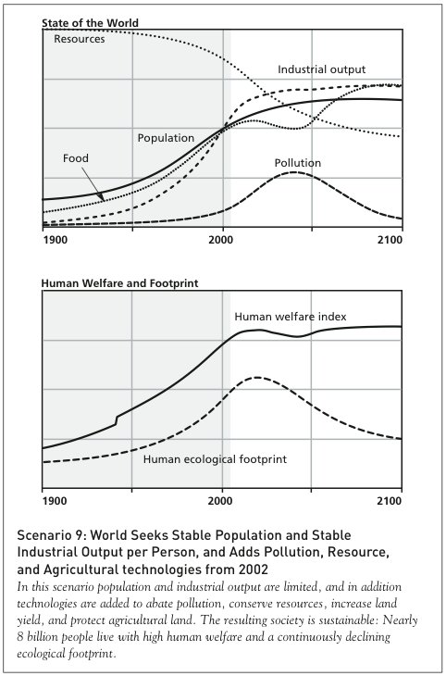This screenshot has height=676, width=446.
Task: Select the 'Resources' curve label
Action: pos(80,39)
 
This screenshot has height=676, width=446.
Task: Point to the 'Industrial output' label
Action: pos(321,69)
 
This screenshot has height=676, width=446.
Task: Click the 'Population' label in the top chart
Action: pos(166,138)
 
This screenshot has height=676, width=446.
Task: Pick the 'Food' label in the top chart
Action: pos(76,158)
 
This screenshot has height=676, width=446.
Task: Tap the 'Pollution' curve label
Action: pos(297,163)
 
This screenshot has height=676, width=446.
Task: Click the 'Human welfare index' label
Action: pos(290,317)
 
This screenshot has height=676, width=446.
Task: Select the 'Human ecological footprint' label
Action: pos(214,458)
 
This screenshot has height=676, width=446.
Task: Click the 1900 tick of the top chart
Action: pos(56,241)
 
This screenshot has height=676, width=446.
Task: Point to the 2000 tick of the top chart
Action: pos(220,241)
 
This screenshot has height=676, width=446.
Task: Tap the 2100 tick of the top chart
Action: pos(389,241)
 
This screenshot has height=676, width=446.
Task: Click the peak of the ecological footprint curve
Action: pos(256,377)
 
